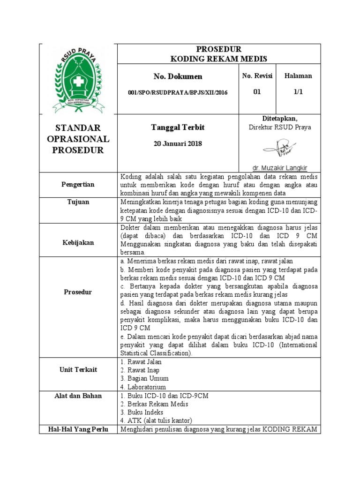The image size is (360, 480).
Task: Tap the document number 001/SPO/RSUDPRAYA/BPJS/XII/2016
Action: pos(178,92)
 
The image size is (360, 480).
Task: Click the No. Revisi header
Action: pos(257,76)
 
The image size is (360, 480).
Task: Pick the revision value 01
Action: pos(257,92)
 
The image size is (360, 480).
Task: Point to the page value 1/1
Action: pos(298,92)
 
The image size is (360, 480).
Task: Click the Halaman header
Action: pos(298,76)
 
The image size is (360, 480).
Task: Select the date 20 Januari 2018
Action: pos(178,143)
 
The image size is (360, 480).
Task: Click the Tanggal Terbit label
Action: pos(178,127)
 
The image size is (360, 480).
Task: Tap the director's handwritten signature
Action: pos(279,150)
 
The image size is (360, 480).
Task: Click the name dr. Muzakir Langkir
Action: pos(279,168)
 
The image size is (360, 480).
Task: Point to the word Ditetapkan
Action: pos(279,119)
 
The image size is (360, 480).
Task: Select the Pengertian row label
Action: pos(78,184)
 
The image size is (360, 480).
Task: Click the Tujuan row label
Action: pos(78,202)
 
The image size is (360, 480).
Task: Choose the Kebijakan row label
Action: pos(78,242)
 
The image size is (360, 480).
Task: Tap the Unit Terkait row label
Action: pos(78,369)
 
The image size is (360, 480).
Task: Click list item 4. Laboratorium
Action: pos(143,387)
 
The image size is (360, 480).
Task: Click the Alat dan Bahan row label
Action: pos(78,396)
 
